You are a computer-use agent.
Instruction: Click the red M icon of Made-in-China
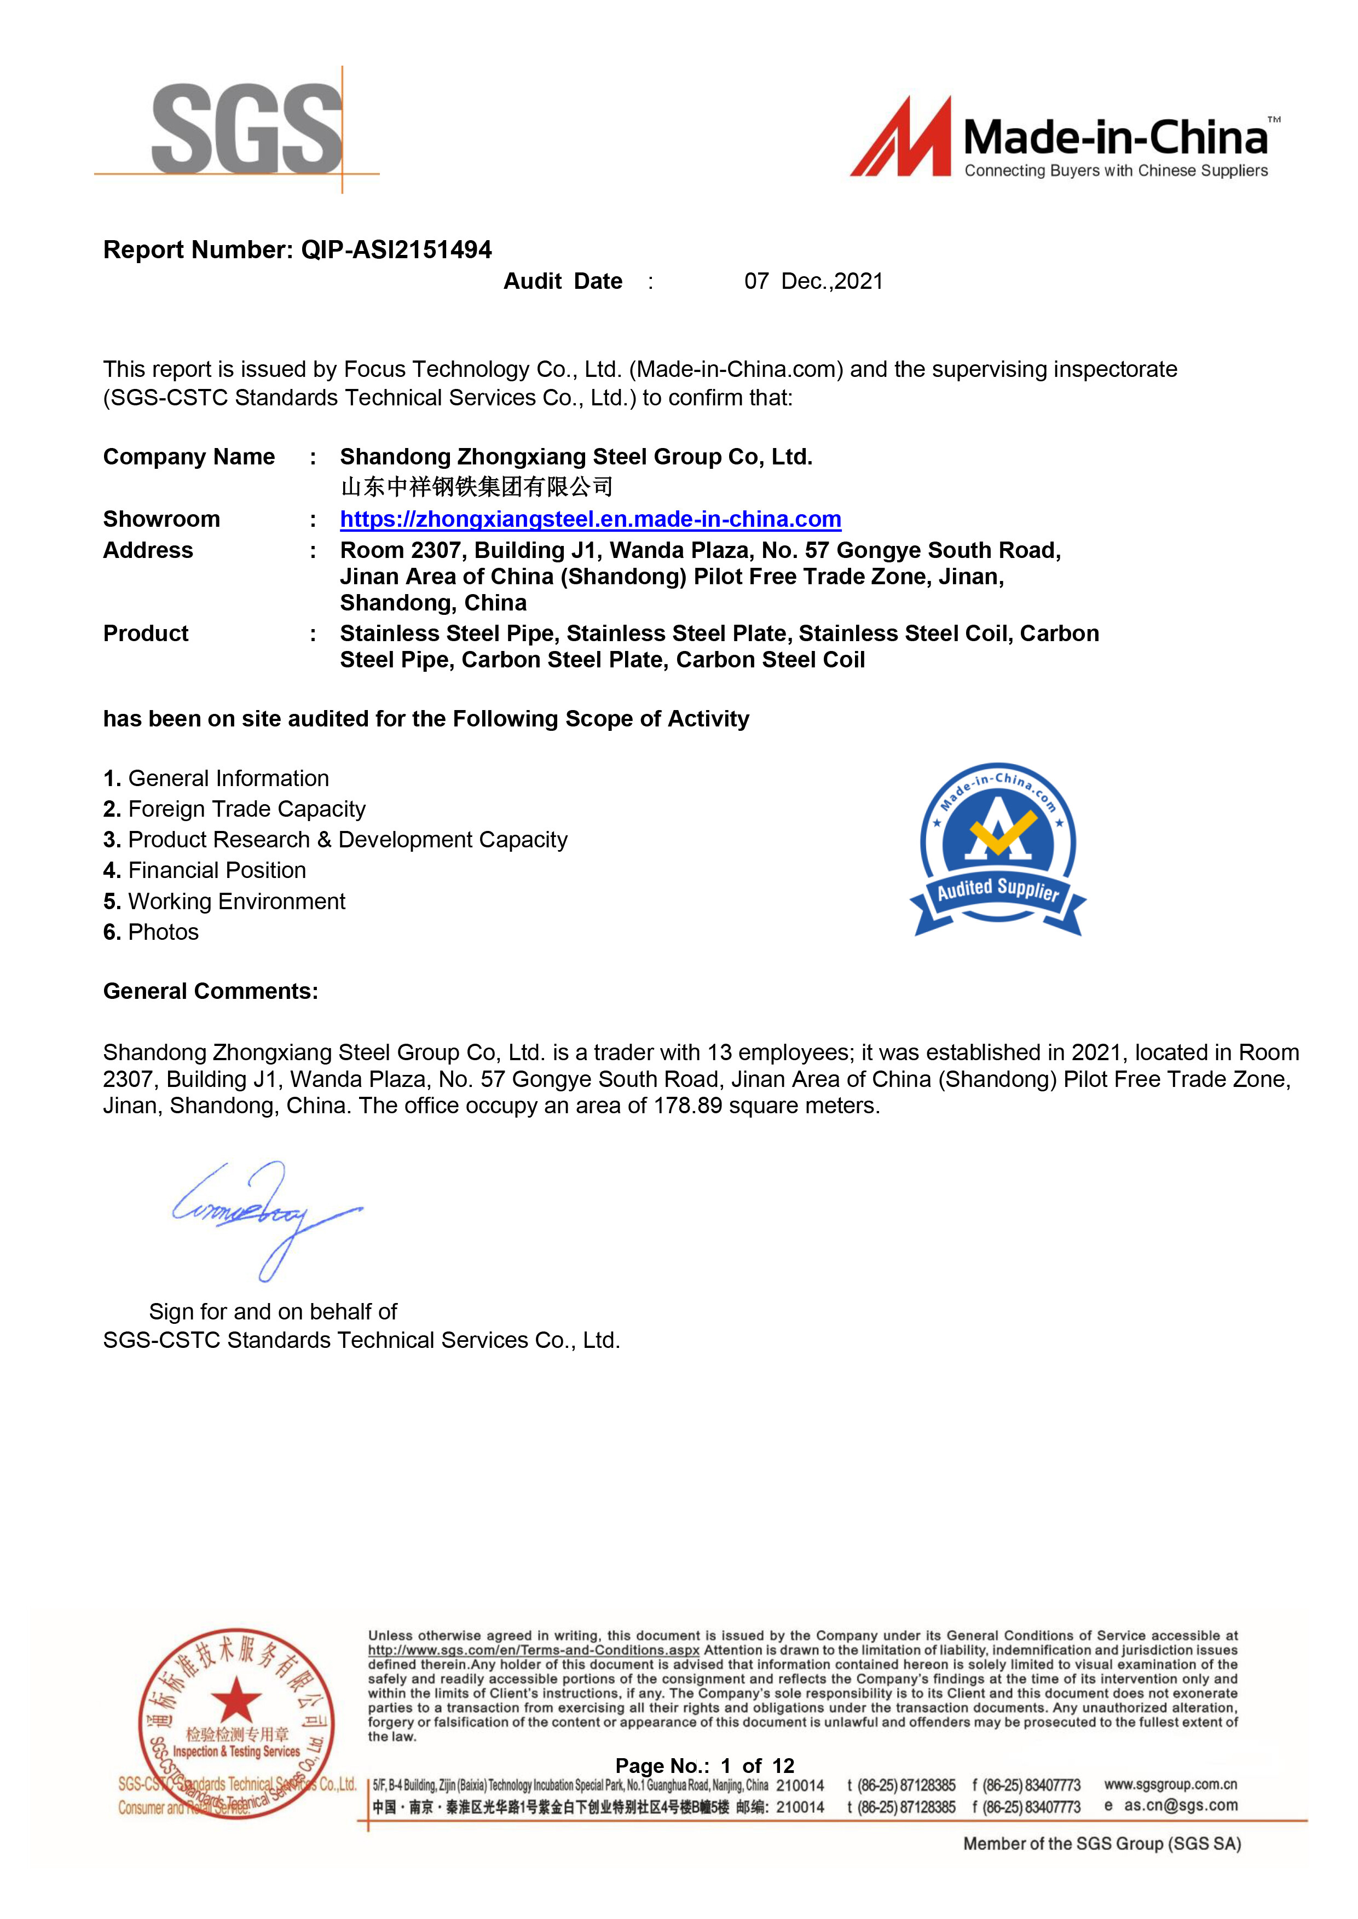902,138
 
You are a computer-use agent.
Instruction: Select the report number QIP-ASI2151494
396,250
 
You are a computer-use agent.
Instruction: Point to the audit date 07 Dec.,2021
813,282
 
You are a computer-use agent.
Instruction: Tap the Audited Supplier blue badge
998,849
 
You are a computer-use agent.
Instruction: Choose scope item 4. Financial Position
205,870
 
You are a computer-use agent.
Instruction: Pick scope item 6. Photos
152,932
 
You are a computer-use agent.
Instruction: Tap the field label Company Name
189,457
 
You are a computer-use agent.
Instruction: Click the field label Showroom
161,519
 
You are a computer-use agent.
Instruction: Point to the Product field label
146,633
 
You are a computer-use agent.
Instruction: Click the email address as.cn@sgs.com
1180,1805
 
